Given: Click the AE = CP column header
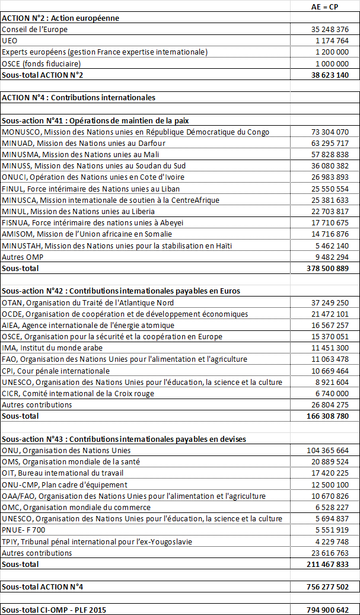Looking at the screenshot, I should [x=326, y=7].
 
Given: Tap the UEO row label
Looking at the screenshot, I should [x=9, y=41].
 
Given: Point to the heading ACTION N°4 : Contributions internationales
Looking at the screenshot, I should [x=78, y=97].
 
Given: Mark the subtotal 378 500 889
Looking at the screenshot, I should [x=327, y=269].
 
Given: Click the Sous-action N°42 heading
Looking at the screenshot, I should [x=120, y=291].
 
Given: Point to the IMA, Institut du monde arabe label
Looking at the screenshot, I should [x=52, y=348].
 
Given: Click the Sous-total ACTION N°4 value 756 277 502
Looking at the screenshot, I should [x=327, y=587].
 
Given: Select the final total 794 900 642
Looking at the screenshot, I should [x=327, y=610].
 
